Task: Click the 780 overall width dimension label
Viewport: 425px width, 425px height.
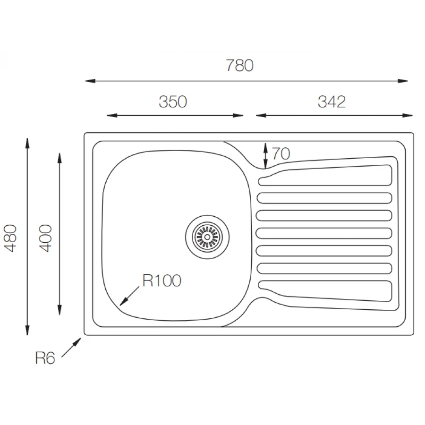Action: coord(239,65)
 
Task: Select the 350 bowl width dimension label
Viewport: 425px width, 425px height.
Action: coord(173,102)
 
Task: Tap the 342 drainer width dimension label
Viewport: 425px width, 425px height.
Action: coord(332,102)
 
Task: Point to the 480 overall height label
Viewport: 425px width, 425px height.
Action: coord(11,238)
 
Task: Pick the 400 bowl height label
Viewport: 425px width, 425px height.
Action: coord(45,238)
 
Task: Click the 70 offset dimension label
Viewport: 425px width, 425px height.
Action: coord(281,153)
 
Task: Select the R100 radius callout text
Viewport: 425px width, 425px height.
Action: coord(162,280)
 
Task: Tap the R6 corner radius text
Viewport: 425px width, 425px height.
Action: coord(45,358)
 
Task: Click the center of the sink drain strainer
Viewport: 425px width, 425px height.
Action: coord(207,237)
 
